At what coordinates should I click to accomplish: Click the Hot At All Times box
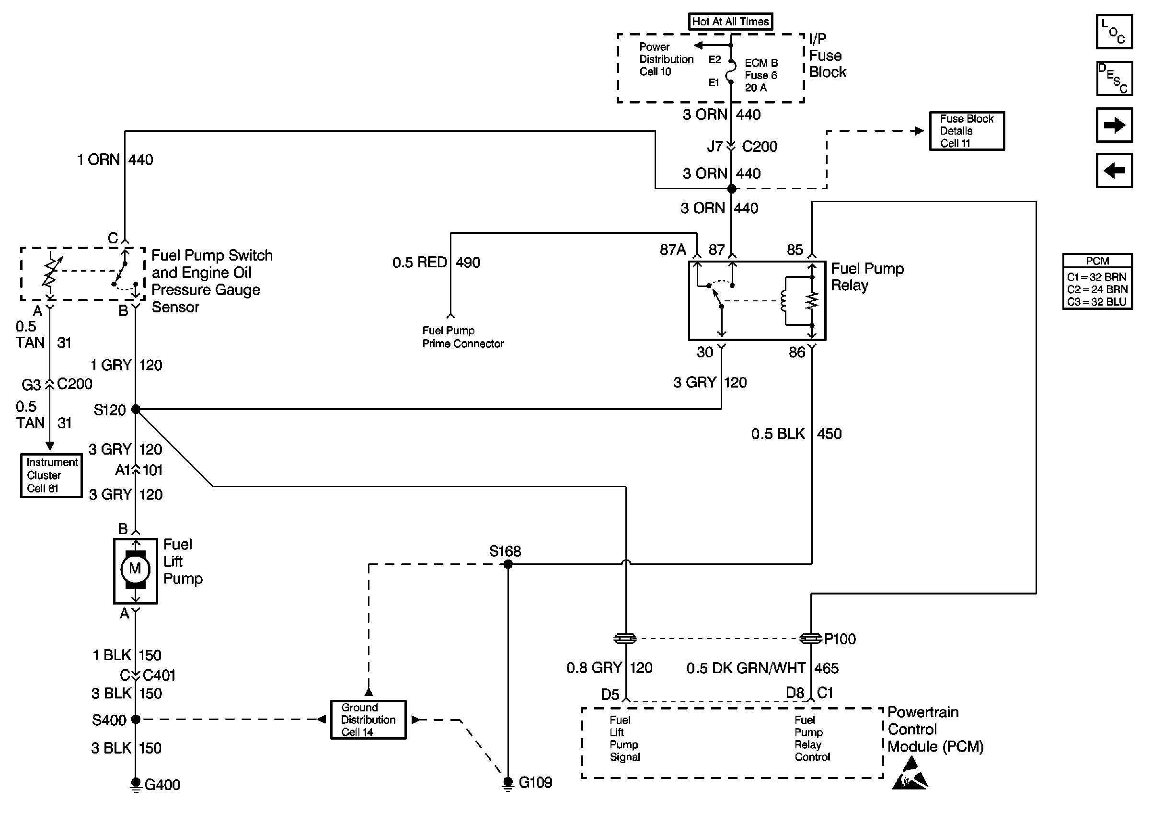pyautogui.click(x=730, y=21)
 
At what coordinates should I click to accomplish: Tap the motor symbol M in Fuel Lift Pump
pyautogui.click(x=135, y=569)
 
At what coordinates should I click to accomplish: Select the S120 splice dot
pyautogui.click(x=135, y=409)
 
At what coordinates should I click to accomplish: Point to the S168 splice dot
pyautogui.click(x=508, y=564)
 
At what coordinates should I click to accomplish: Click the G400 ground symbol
pyautogui.click(x=136, y=784)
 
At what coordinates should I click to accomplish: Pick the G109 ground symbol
pyautogui.click(x=508, y=783)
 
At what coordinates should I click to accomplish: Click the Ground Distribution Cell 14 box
pyautogui.click(x=368, y=720)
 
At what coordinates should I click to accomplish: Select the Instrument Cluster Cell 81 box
pyautogui.click(x=51, y=475)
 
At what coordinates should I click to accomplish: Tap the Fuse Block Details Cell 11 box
pyautogui.click(x=967, y=131)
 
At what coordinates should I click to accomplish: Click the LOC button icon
pyautogui.click(x=1114, y=32)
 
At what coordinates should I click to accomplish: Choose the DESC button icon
pyautogui.click(x=1114, y=79)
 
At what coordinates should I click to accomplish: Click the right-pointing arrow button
pyautogui.click(x=1114, y=125)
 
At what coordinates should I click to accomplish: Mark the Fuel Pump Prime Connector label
pyautogui.click(x=463, y=337)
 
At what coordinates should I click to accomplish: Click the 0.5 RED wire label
pyautogui.click(x=419, y=263)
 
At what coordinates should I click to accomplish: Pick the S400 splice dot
pyautogui.click(x=135, y=719)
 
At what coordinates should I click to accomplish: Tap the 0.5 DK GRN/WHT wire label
pyautogui.click(x=746, y=668)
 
